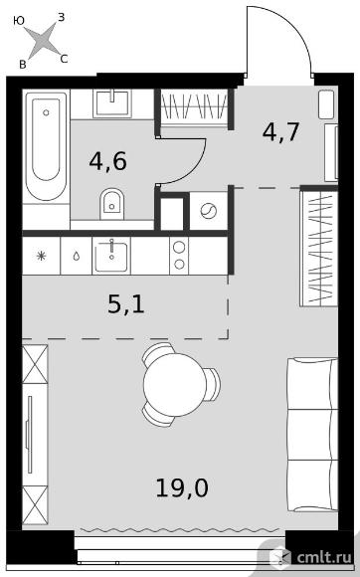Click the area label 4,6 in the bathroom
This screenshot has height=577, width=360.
pos(107,162)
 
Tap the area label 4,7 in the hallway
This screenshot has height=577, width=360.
pos(281,131)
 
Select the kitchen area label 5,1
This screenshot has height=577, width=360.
pos(126,304)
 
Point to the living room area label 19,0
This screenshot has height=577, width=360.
pos(182,487)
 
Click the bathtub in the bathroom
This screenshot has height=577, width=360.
pos(47,145)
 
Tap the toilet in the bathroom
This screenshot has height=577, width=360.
pos(111,204)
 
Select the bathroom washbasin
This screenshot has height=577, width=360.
pos(112,102)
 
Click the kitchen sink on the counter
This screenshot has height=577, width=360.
pos(111,256)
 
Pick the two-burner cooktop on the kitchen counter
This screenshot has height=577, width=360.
pos(179,256)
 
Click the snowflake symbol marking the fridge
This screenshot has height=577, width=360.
pos(41,256)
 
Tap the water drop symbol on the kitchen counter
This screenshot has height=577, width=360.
pos(77,256)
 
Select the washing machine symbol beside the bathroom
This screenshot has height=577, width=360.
pos(209,211)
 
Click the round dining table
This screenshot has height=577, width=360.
pos(175,385)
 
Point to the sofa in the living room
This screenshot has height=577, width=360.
pos(312,435)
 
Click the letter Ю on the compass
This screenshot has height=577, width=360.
pos(19,21)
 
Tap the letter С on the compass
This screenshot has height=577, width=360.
pos(64,59)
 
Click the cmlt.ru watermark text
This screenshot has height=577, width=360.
pos(324,557)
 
